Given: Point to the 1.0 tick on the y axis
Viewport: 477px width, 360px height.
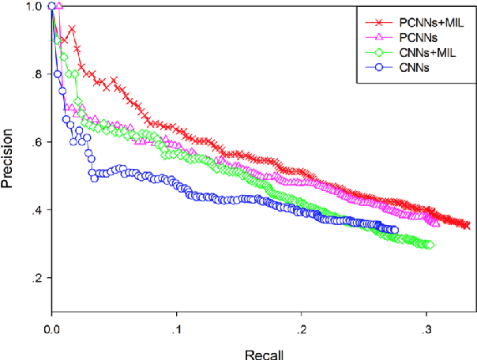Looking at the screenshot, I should [x=32, y=6].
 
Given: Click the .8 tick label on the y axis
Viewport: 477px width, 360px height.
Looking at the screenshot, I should [x=34, y=75].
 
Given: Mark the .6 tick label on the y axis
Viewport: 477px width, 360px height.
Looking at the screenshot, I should [x=34, y=143].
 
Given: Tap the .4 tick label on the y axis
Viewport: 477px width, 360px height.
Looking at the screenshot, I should [x=34, y=211].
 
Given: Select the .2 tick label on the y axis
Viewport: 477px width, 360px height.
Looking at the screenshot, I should [x=34, y=279].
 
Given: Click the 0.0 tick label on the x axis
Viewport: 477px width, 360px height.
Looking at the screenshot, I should [x=52, y=328].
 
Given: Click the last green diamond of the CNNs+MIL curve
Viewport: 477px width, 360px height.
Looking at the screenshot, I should [x=430, y=245].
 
